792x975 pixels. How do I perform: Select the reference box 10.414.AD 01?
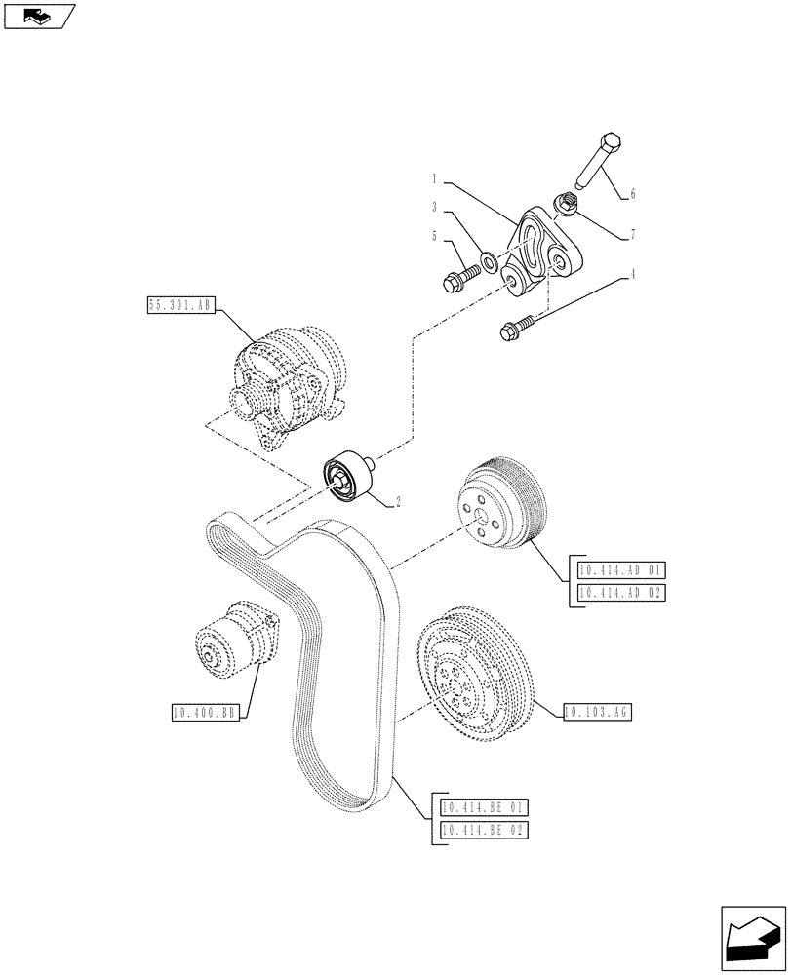620,571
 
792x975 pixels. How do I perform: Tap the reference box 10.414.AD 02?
620,594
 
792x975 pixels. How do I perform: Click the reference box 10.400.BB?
204,714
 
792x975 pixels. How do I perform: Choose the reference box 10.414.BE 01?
484,807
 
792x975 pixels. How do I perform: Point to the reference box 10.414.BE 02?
484,830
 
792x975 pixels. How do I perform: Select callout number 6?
632,194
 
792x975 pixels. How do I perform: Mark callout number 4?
634,275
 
